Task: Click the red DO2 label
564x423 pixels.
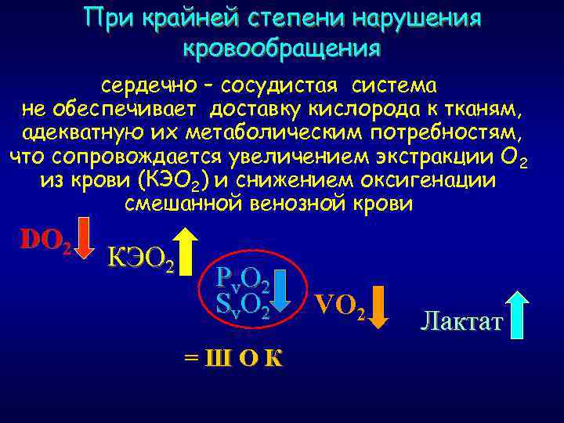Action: pyautogui.click(x=45, y=242)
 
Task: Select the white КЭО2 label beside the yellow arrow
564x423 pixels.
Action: pyautogui.click(x=139, y=257)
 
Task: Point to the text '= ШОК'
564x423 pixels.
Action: pyautogui.click(x=233, y=357)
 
